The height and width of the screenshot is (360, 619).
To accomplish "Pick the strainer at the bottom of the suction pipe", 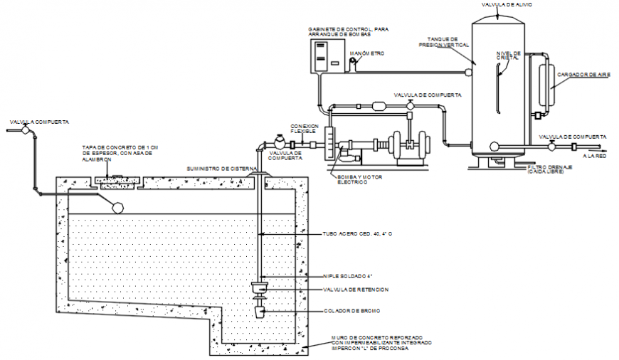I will pos(259,312).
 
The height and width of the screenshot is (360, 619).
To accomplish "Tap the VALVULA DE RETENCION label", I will pos(356,290).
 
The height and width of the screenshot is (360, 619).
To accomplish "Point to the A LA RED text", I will pos(593,156).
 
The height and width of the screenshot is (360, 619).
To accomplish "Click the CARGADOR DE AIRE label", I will pos(583,74).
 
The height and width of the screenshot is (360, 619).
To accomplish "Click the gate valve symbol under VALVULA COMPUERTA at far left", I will pos(26,130).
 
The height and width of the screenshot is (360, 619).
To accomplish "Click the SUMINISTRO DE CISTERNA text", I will pos(216,169).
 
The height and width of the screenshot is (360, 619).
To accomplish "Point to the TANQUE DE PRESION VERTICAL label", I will pos(444,42).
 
